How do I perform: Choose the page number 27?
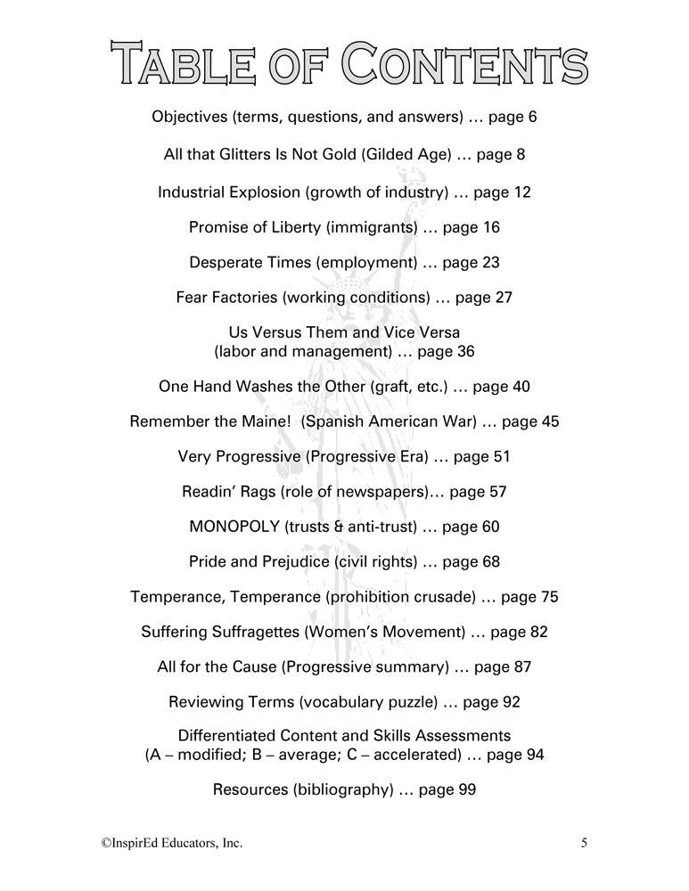point(503,298)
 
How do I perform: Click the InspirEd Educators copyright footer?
point(170,841)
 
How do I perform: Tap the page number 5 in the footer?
point(584,841)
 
